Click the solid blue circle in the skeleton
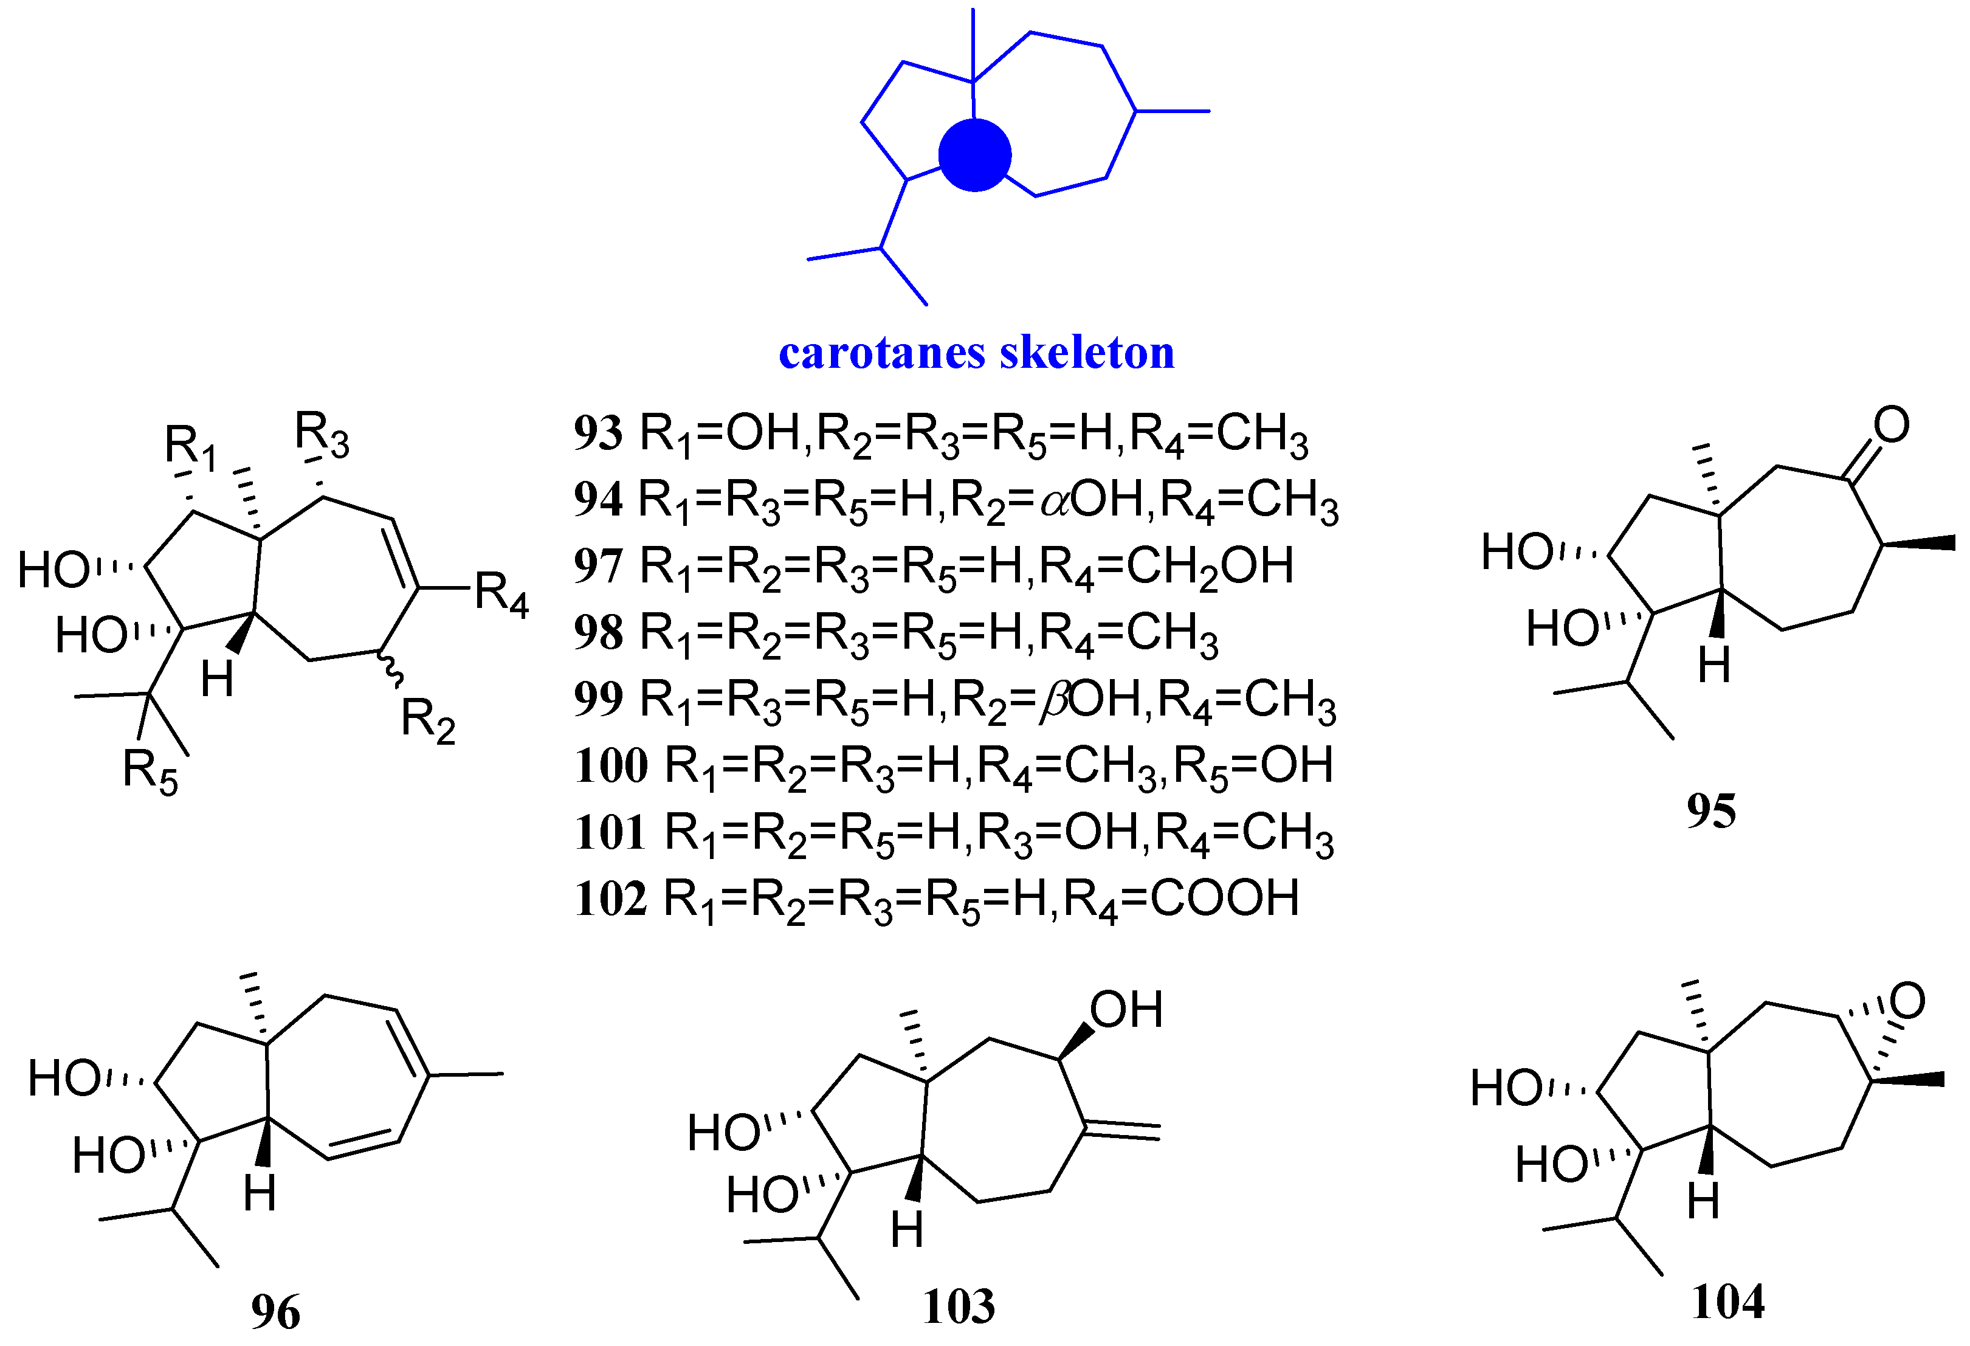coord(975,155)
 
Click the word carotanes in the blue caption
coord(881,353)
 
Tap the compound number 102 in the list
coord(610,899)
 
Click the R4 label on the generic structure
coord(501,593)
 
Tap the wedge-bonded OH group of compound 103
coord(1126,1010)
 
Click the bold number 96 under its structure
coord(275,1312)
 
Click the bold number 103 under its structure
coord(958,1306)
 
